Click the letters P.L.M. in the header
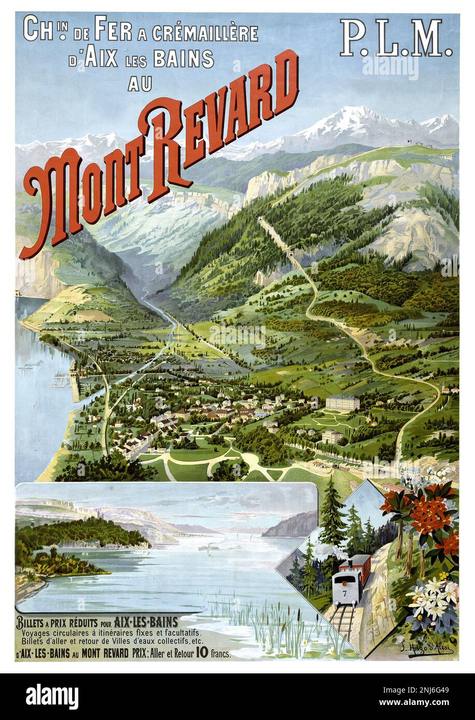click(x=396, y=39)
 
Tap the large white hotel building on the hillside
click(x=342, y=403)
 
